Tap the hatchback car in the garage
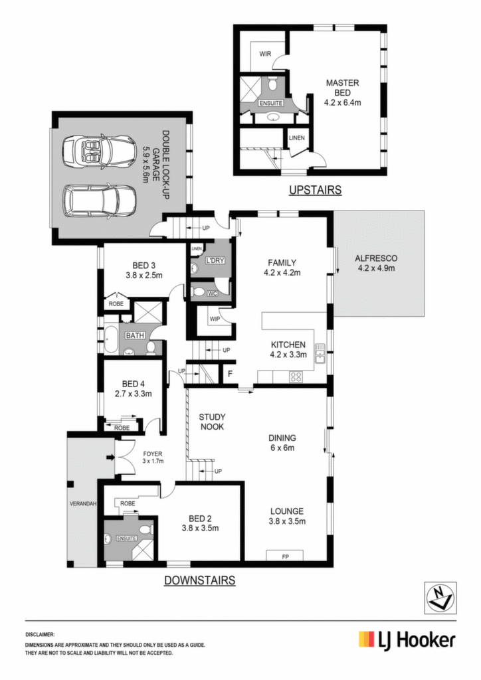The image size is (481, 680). pos(100,201)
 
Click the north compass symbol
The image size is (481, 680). pos(440,598)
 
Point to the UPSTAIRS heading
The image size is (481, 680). pos(316,190)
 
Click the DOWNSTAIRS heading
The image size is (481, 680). pos(199,580)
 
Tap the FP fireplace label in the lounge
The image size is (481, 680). pos(286,556)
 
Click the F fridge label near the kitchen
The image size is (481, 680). pos(231,374)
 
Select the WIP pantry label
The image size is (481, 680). pos(215,319)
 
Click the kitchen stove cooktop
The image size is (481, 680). pos(296,377)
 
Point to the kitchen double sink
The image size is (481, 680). pos(320,353)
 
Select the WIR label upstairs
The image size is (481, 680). pos(266,54)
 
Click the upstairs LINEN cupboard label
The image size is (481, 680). pos(297,138)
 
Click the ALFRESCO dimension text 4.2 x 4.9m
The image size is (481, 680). pos(376,268)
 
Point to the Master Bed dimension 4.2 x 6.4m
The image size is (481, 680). pos(342,103)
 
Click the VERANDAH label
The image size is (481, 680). pos(83,503)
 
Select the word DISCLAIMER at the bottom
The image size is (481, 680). pos(40,634)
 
